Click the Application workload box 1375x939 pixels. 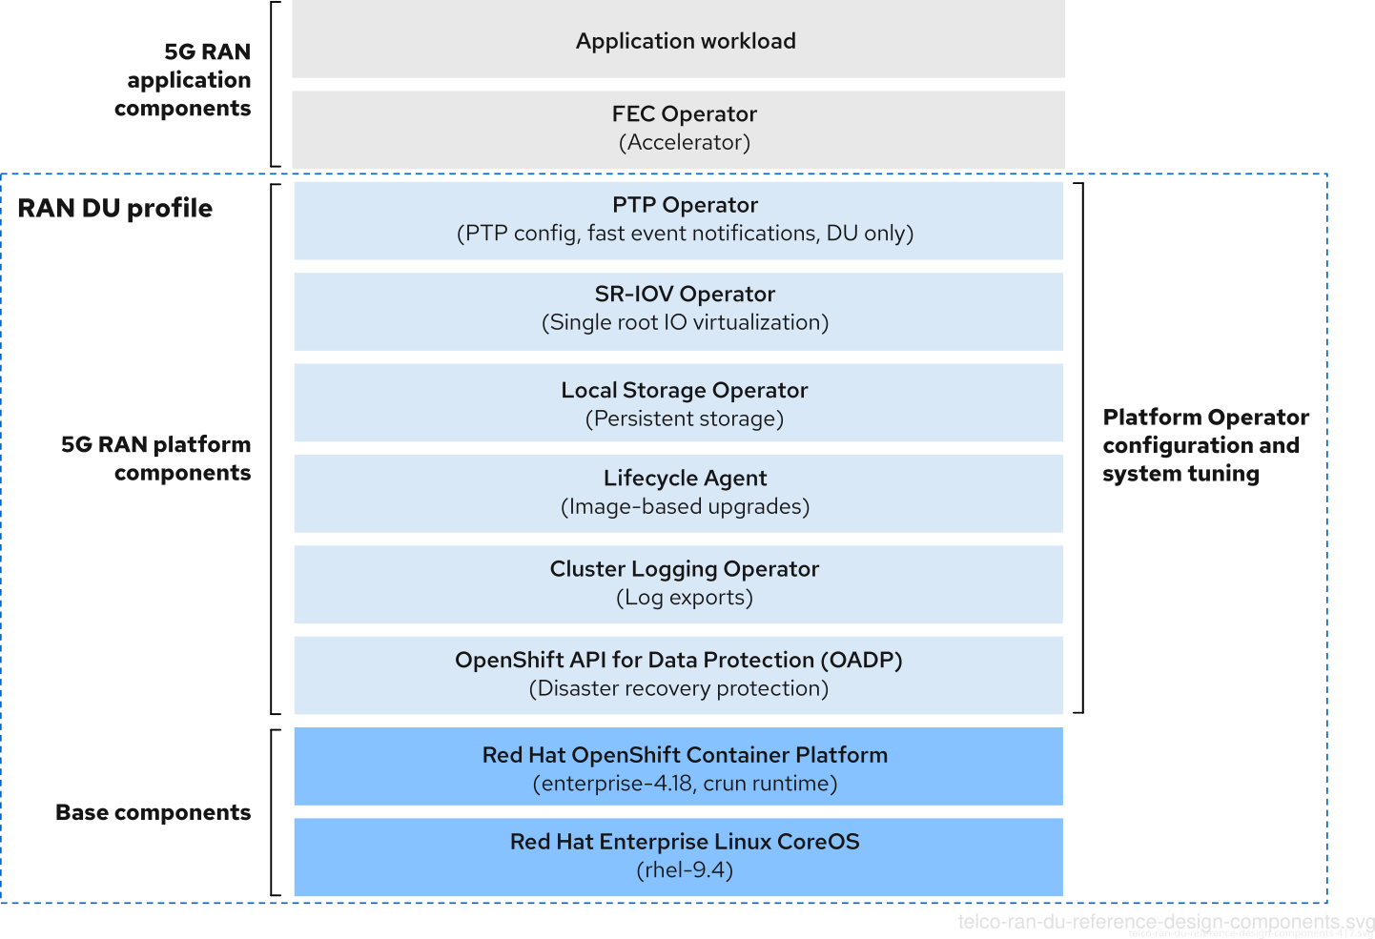tap(678, 40)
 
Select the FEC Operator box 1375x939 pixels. tap(678, 128)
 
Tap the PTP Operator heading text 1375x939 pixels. tap(685, 205)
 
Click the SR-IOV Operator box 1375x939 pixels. tap(678, 309)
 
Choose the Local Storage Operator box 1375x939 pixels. tap(678, 403)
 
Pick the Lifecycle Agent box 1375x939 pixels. tap(678, 492)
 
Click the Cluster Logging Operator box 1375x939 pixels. tap(678, 582)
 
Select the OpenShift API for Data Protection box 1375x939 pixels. tap(678, 673)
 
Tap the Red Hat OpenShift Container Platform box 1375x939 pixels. tap(678, 767)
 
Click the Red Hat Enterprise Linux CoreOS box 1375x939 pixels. tap(678, 855)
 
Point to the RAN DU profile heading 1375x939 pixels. tap(115, 208)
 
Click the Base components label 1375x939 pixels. tap(154, 812)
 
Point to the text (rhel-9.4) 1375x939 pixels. tap(685, 870)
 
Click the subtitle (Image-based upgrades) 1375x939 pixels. tap(685, 507)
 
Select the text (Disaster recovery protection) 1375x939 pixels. tap(678, 688)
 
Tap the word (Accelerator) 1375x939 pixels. tap(685, 143)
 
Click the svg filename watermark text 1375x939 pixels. tap(1165, 922)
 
